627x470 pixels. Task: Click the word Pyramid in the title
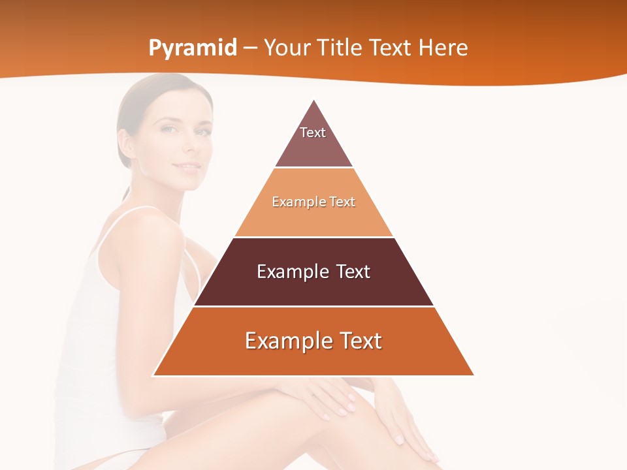[x=193, y=48]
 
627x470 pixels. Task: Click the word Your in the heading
[x=287, y=48]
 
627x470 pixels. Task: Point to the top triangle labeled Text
[x=313, y=140]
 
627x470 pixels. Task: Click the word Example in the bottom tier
[x=287, y=341]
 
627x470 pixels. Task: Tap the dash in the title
[x=250, y=48]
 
